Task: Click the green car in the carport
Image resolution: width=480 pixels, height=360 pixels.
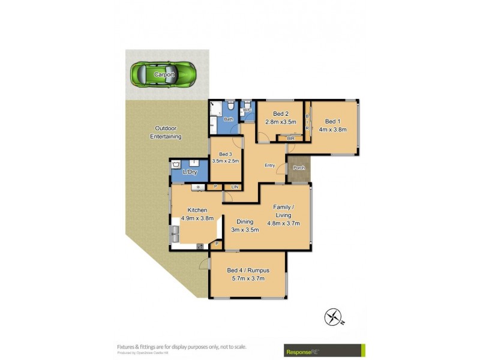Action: pos(164,74)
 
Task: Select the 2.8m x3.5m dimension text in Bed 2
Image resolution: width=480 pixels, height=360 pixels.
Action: pos(280,122)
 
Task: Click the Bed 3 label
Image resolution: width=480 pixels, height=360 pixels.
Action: pos(224,154)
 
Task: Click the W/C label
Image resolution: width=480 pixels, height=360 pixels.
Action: pos(247,110)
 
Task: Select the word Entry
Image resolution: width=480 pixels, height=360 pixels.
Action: pos(269,166)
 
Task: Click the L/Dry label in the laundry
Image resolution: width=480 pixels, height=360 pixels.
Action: pos(190,172)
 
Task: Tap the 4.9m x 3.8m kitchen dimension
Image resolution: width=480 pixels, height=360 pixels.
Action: pos(197,218)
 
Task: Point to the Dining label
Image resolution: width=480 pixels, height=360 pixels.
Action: pos(244,221)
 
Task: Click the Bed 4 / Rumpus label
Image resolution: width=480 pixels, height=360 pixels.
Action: pos(248,270)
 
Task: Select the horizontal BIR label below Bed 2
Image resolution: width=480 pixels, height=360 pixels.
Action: pos(290,139)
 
